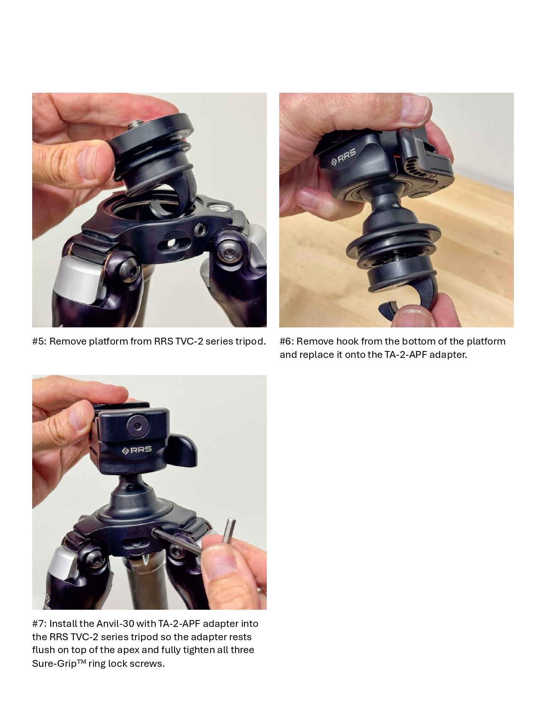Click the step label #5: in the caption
click(x=39, y=342)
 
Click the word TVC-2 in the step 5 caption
click(x=189, y=342)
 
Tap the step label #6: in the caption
click(x=287, y=342)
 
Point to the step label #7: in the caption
click(x=39, y=624)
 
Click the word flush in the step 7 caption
click(x=43, y=651)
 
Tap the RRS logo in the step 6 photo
click(x=344, y=160)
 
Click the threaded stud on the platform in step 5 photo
click(x=134, y=125)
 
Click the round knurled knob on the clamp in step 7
click(x=136, y=427)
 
